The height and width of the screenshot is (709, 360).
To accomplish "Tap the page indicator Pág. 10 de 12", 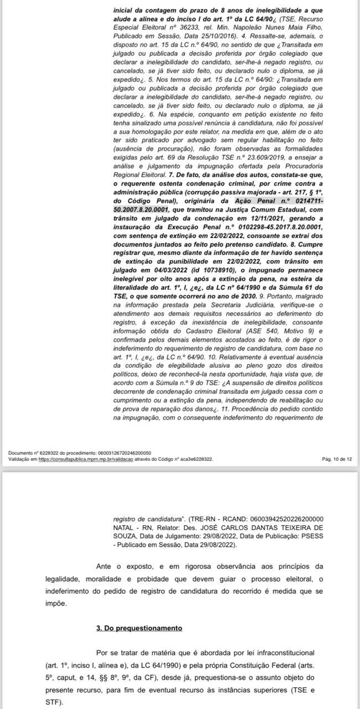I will click(x=336, y=459).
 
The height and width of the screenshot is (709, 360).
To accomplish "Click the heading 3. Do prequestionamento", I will click(x=139, y=628).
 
